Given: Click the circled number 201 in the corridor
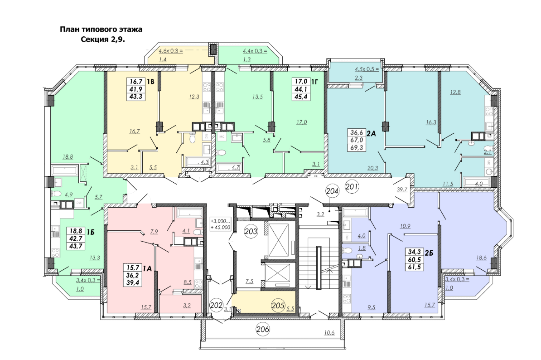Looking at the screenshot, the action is [x=352, y=187].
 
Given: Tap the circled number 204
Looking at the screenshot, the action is [x=332, y=191].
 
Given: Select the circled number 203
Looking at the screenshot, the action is [x=251, y=231].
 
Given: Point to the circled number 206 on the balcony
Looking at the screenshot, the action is [x=262, y=329].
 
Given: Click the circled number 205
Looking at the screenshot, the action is [x=278, y=305].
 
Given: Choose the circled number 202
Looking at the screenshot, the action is [x=216, y=305].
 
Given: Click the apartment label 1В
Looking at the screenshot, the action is [x=150, y=82].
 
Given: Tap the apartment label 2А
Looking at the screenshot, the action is [x=371, y=133].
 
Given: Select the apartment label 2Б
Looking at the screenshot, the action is [x=429, y=253].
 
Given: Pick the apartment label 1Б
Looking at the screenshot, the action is [x=90, y=232].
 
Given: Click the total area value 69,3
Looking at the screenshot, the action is [x=357, y=148].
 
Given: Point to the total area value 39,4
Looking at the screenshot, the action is [x=133, y=283].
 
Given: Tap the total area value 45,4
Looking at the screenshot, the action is [x=301, y=97].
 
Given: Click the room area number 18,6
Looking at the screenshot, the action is [x=481, y=258].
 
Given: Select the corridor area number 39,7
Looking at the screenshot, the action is [x=402, y=189].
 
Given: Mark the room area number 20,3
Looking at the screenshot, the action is [x=372, y=168].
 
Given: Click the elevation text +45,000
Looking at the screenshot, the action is [x=221, y=227].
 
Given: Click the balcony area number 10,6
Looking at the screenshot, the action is [x=329, y=333].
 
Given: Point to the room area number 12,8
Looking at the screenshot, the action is [x=455, y=92].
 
